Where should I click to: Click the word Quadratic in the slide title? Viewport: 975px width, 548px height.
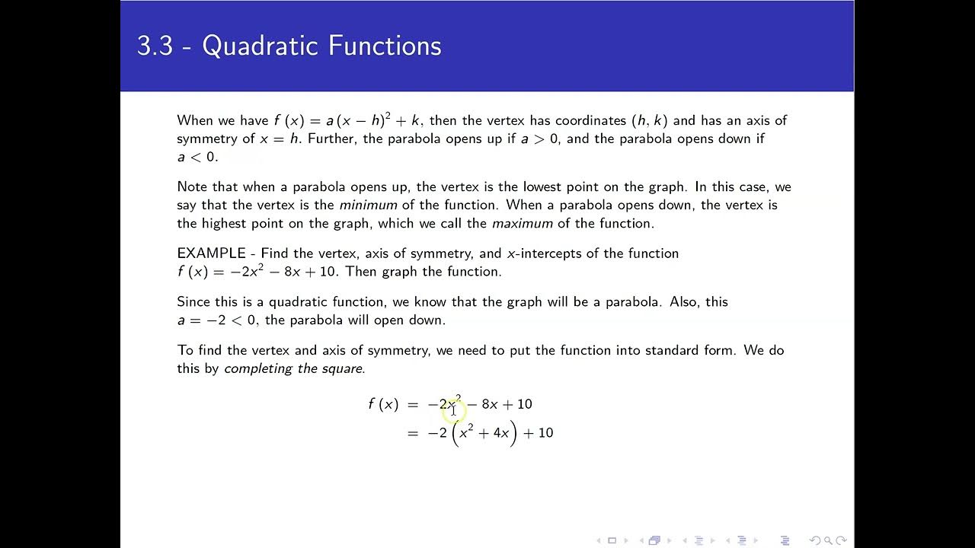[256, 46]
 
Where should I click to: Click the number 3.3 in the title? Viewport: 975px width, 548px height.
[154, 46]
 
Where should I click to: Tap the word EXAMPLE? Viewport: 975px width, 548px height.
[211, 253]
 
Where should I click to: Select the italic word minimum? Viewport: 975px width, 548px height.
[368, 205]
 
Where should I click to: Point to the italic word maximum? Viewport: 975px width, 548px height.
[522, 224]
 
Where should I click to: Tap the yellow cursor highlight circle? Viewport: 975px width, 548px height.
[453, 411]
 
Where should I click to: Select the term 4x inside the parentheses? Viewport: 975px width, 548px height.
[500, 433]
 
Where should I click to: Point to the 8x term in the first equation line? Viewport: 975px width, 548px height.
[489, 404]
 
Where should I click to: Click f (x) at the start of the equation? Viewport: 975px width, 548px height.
[383, 404]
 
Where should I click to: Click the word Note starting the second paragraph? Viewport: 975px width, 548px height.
[192, 186]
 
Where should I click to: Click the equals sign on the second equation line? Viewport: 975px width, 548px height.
[413, 433]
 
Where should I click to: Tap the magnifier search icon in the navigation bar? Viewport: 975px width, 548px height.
[827, 540]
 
